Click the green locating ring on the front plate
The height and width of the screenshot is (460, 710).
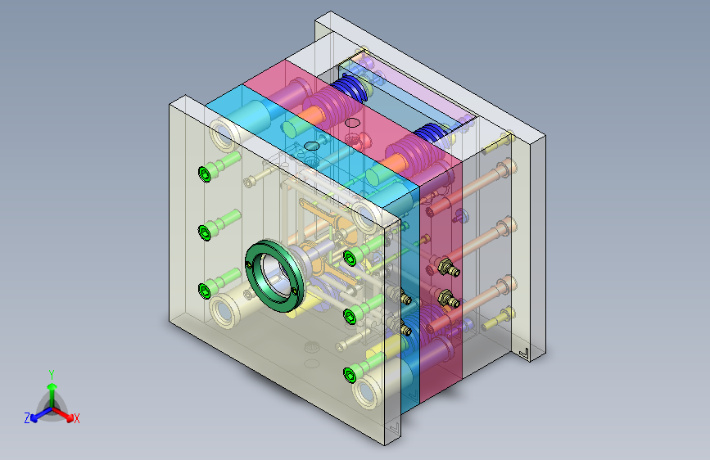pos(251,267)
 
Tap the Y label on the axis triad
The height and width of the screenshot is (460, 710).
pos(52,375)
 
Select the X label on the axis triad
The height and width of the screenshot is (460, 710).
pos(76,419)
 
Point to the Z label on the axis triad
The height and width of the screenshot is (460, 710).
pos(27,418)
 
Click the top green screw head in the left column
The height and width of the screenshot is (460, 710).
pos(205,174)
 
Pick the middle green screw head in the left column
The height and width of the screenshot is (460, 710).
pos(205,232)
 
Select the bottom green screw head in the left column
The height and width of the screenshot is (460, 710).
pos(205,291)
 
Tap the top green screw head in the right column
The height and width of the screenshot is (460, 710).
pos(350,258)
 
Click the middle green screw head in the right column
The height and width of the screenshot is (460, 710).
pos(350,316)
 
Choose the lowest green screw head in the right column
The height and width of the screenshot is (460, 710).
pos(350,375)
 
